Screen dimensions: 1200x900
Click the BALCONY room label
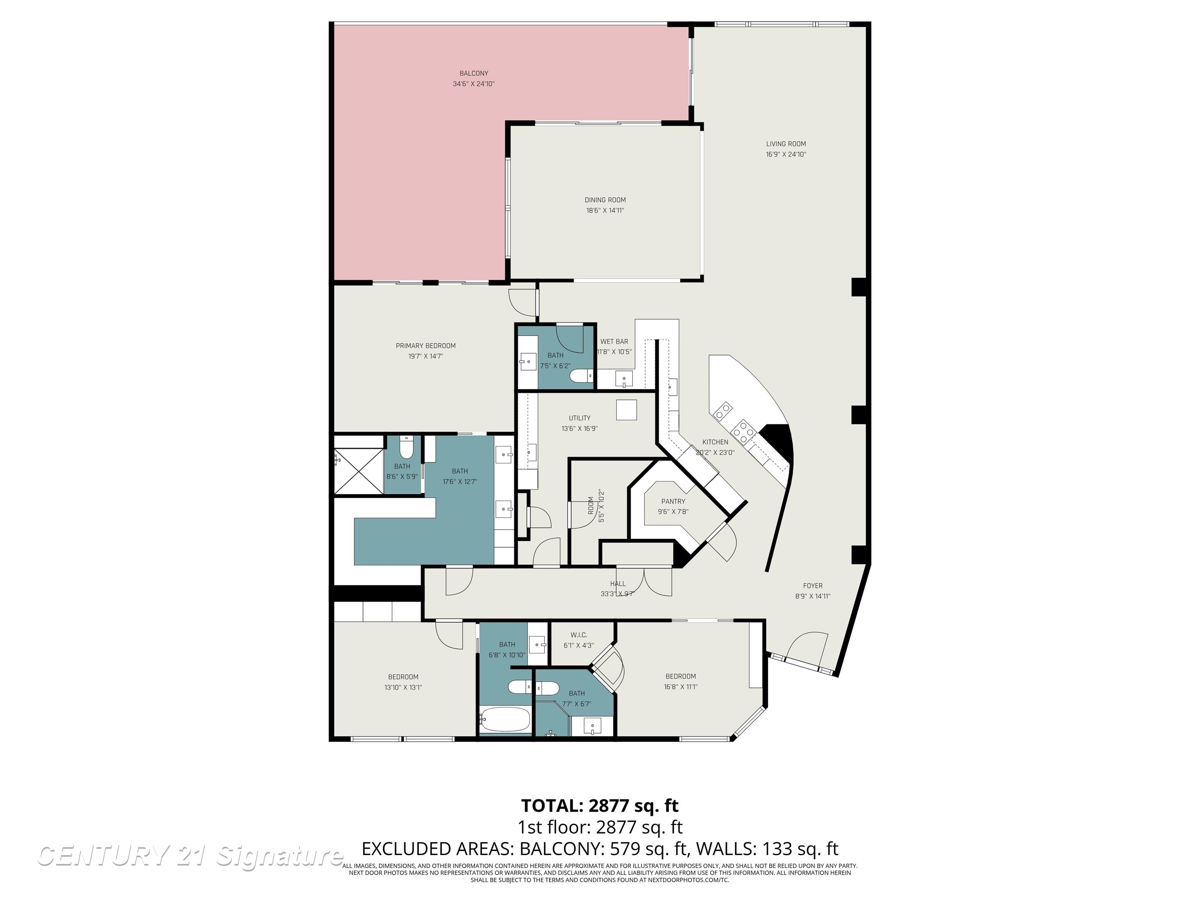tap(473, 73)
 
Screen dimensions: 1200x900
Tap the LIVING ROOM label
tap(786, 144)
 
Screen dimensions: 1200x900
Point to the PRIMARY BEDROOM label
tap(425, 346)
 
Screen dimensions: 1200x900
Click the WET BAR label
tap(614, 341)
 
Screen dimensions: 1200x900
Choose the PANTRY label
tap(673, 501)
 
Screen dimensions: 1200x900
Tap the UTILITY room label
tap(579, 418)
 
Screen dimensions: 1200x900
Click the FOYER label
tap(812, 586)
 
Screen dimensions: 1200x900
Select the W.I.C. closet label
tap(579, 635)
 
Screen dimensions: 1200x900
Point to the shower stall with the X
tap(359, 471)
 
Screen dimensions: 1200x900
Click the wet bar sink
tap(624, 379)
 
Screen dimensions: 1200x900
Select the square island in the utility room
tap(627, 410)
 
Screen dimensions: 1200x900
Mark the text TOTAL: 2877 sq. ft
tap(600, 805)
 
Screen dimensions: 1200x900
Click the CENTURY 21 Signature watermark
tap(190, 856)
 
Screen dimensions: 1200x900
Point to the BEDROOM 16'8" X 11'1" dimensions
tap(680, 686)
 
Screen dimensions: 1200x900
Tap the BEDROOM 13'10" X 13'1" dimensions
tap(403, 687)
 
